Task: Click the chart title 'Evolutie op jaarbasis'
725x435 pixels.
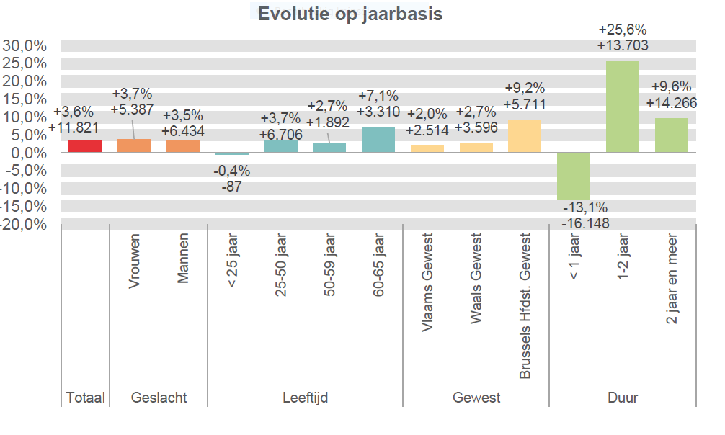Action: click(x=350, y=14)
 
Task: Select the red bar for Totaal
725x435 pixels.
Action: click(x=85, y=145)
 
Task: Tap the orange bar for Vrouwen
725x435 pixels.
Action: click(x=134, y=145)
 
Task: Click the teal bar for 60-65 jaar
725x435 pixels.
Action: click(x=378, y=140)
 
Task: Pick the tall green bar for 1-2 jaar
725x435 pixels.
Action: click(x=623, y=107)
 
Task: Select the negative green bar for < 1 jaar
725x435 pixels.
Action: click(x=574, y=176)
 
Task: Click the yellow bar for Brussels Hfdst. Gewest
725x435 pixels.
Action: click(x=525, y=136)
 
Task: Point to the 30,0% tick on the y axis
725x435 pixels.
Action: click(x=25, y=46)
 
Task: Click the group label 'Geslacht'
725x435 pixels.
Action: click(x=159, y=398)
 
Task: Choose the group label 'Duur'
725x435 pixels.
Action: click(x=623, y=398)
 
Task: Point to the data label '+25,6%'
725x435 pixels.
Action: click(x=623, y=30)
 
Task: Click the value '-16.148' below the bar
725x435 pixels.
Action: click(x=585, y=223)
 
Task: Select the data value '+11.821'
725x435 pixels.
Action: click(x=75, y=128)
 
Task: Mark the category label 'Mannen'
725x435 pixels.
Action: click(x=183, y=258)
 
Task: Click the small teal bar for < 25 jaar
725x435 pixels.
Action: click(x=232, y=153)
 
